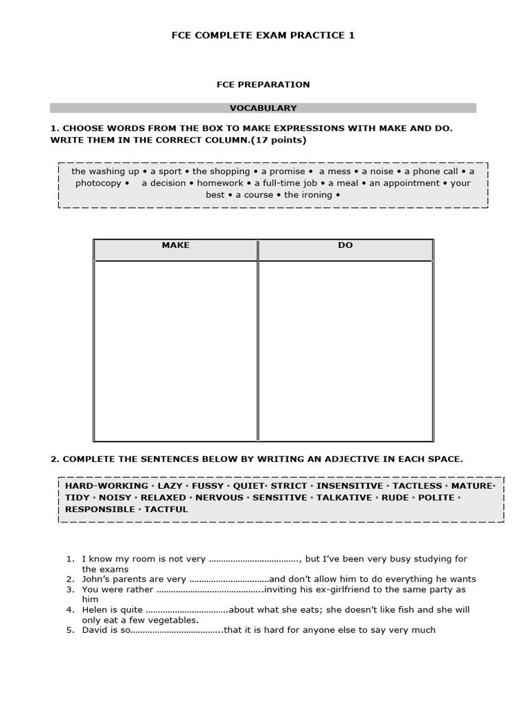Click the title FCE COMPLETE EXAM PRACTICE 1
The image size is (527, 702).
263,35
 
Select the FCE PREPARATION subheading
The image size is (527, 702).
263,84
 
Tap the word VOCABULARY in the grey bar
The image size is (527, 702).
263,108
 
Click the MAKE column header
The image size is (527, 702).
176,245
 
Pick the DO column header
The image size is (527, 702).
345,245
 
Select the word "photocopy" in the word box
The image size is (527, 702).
98,183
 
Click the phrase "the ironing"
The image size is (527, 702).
308,195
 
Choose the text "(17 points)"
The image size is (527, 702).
279,140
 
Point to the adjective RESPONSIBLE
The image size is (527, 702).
100,509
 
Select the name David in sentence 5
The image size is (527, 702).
95,630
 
